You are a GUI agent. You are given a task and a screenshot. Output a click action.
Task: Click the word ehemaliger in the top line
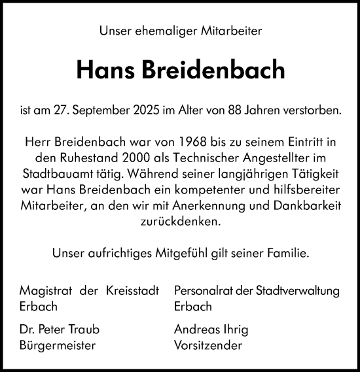coord(156,30)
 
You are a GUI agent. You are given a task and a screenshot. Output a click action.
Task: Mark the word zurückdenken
coord(180,222)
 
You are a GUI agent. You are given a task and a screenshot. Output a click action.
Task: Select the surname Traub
coord(86,329)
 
